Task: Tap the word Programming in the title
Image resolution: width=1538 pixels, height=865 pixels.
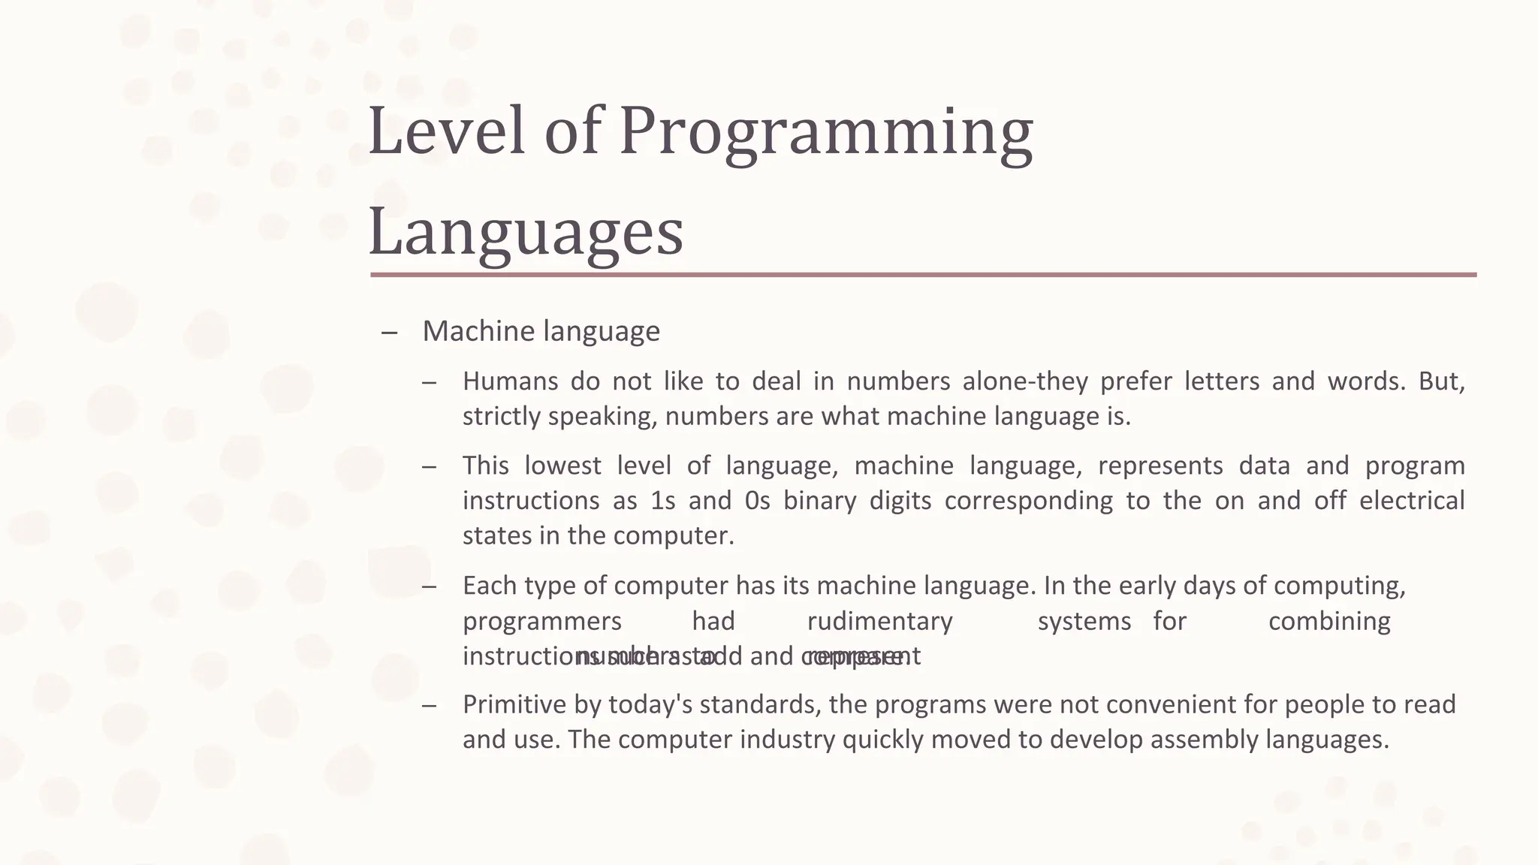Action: point(826,134)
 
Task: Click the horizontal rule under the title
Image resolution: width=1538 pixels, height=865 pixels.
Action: point(923,275)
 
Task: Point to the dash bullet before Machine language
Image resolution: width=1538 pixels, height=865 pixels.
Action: point(389,332)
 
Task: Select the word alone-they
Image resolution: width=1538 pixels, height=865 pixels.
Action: point(1025,381)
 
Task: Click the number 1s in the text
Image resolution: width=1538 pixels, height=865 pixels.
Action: point(663,501)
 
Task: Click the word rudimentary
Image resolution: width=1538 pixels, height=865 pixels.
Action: point(879,622)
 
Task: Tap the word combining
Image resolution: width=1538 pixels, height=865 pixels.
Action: point(1329,622)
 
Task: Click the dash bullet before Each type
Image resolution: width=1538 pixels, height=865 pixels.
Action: point(429,586)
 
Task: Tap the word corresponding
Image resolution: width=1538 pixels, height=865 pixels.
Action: point(1028,501)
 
